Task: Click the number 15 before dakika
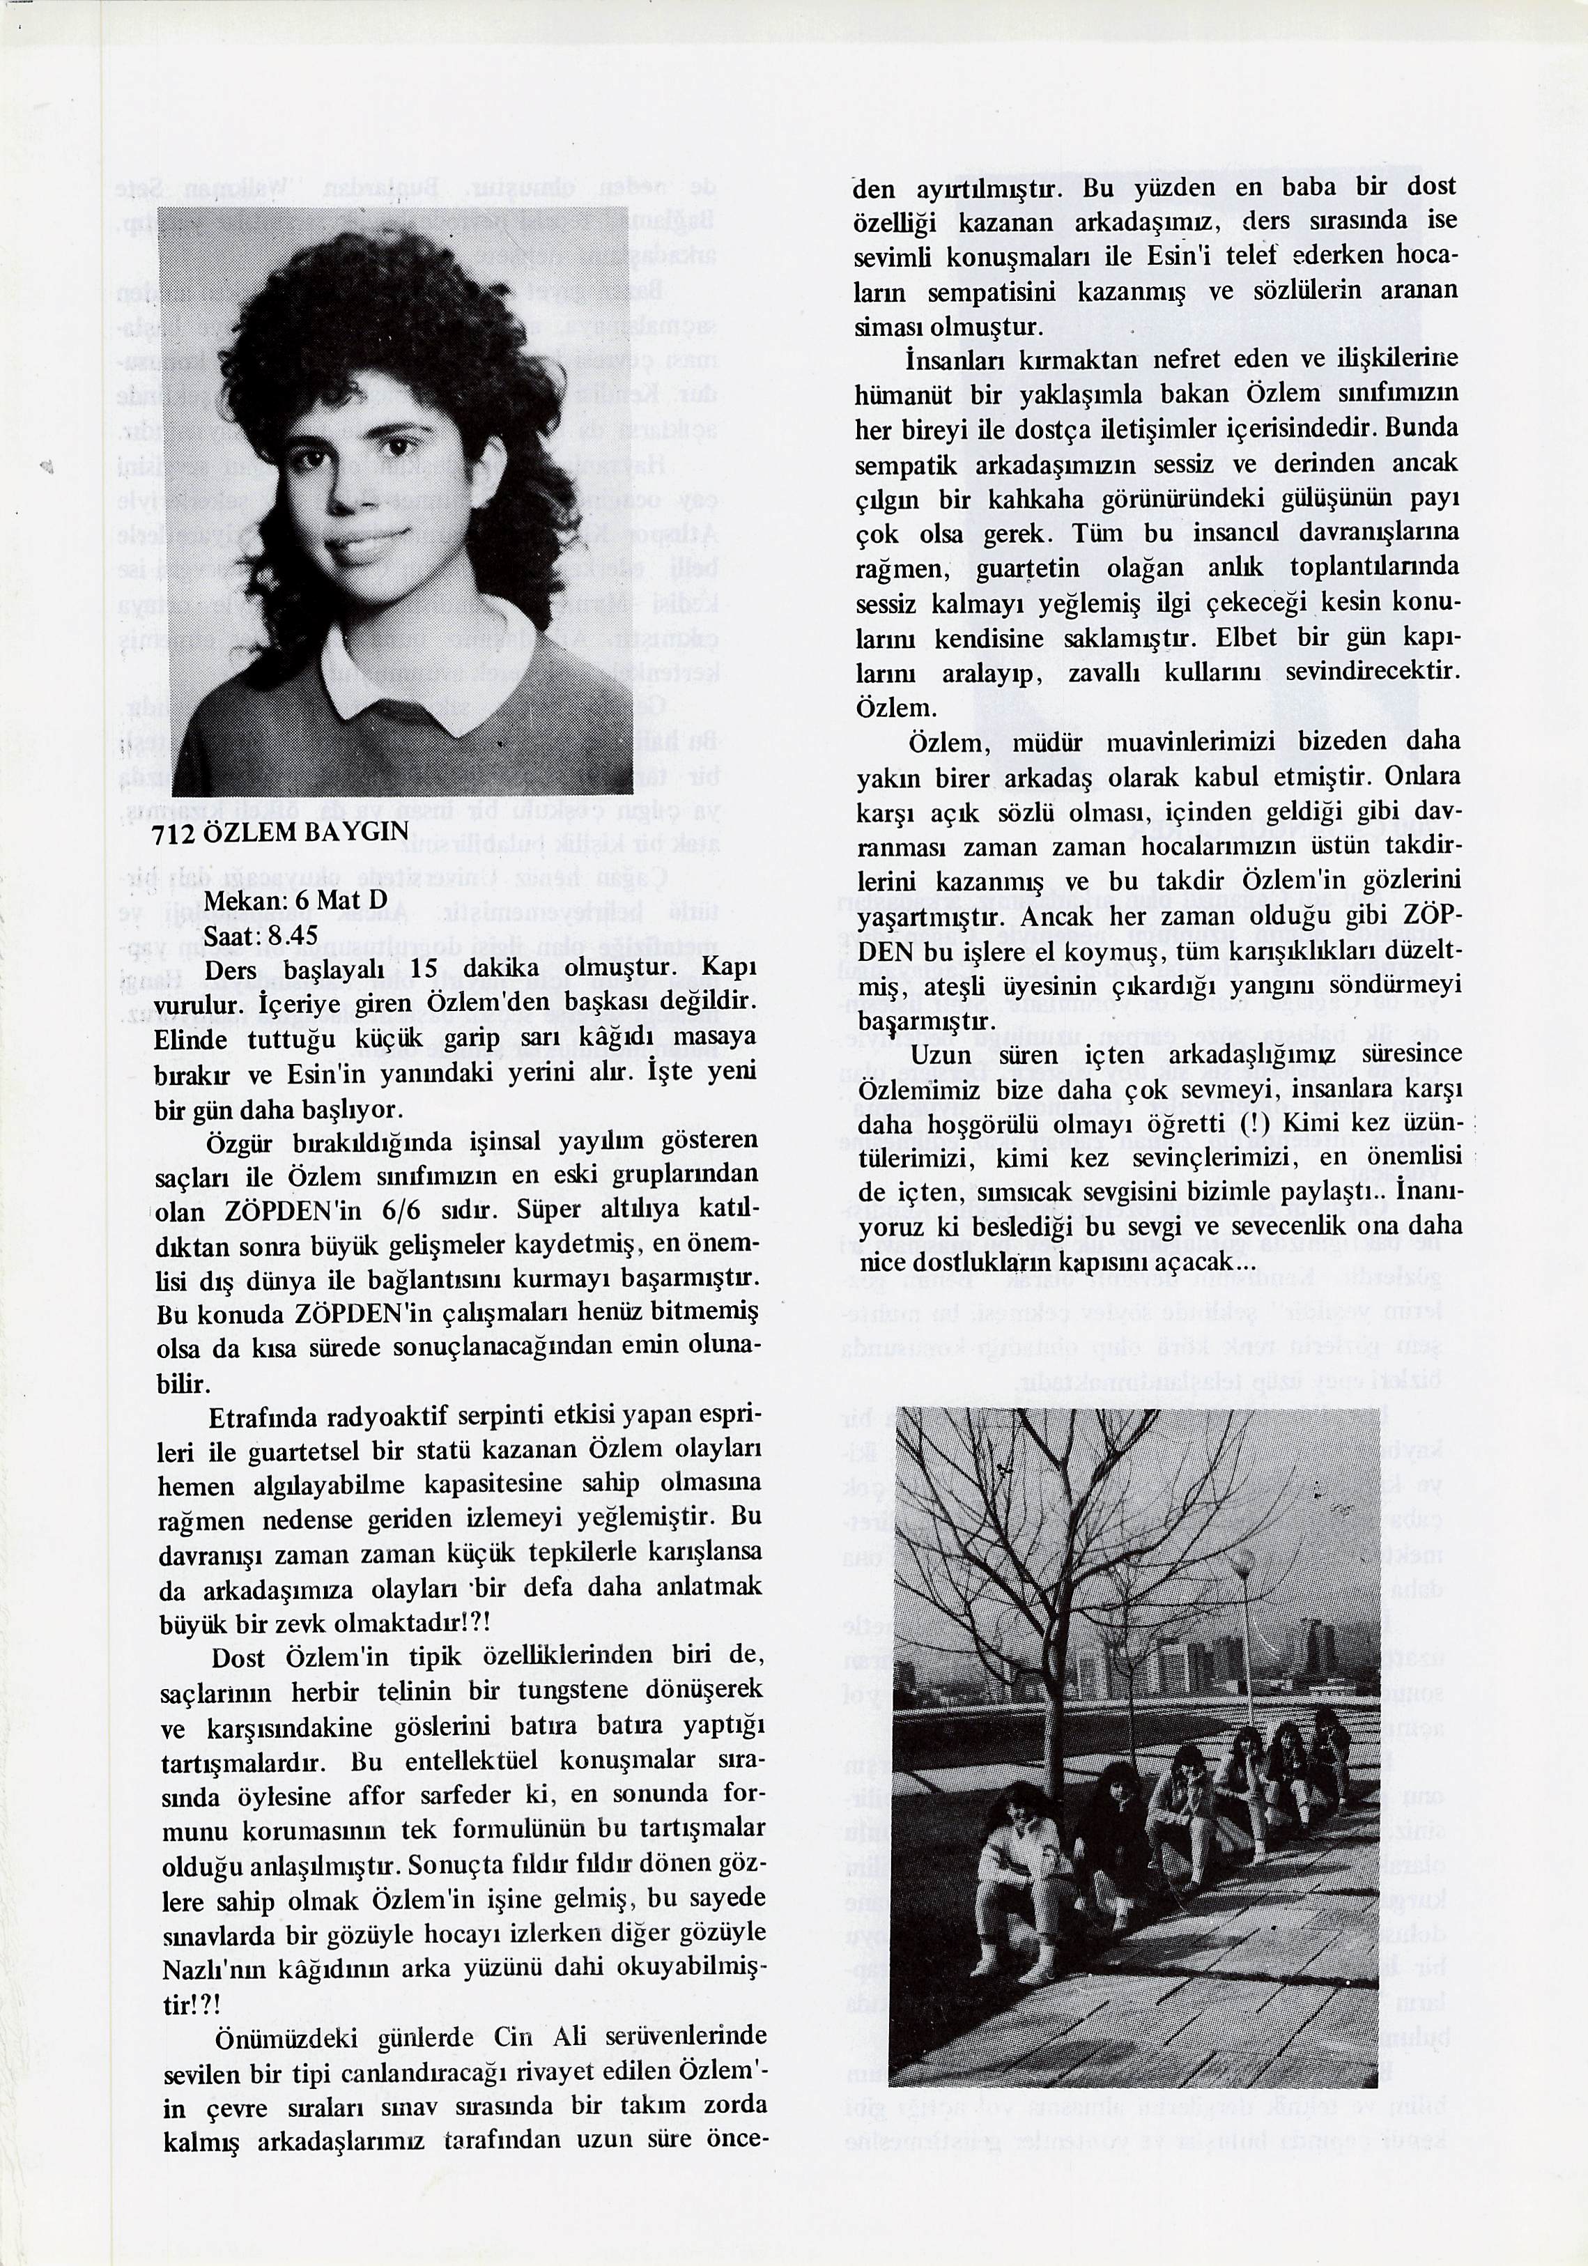point(424,970)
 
